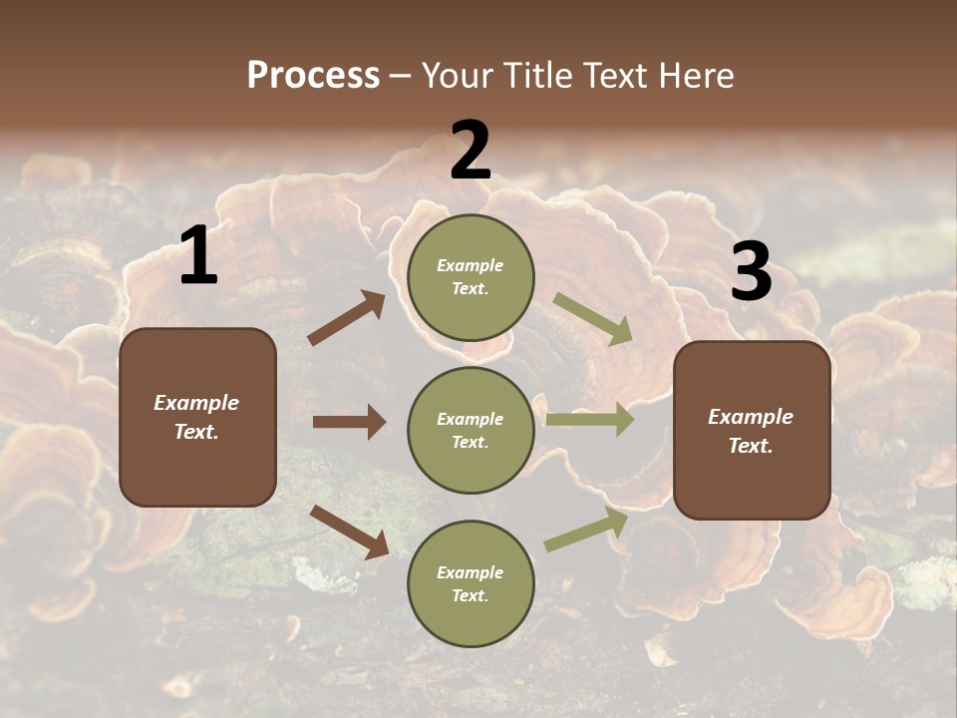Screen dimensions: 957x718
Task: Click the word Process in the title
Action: click(313, 76)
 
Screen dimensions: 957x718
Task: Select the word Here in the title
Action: click(694, 76)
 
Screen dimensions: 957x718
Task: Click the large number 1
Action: click(198, 256)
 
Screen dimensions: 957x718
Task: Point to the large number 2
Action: click(471, 151)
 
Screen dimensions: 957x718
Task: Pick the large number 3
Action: click(751, 271)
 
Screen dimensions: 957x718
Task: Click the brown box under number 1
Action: click(197, 417)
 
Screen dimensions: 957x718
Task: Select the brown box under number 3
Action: click(752, 430)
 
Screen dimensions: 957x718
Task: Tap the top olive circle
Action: click(471, 277)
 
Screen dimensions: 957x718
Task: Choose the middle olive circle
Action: click(471, 430)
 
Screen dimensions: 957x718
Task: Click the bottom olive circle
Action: click(471, 583)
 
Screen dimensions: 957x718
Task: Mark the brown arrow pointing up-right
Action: click(347, 318)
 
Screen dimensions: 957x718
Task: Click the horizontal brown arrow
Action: click(349, 422)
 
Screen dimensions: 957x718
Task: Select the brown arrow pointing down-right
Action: click(349, 531)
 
